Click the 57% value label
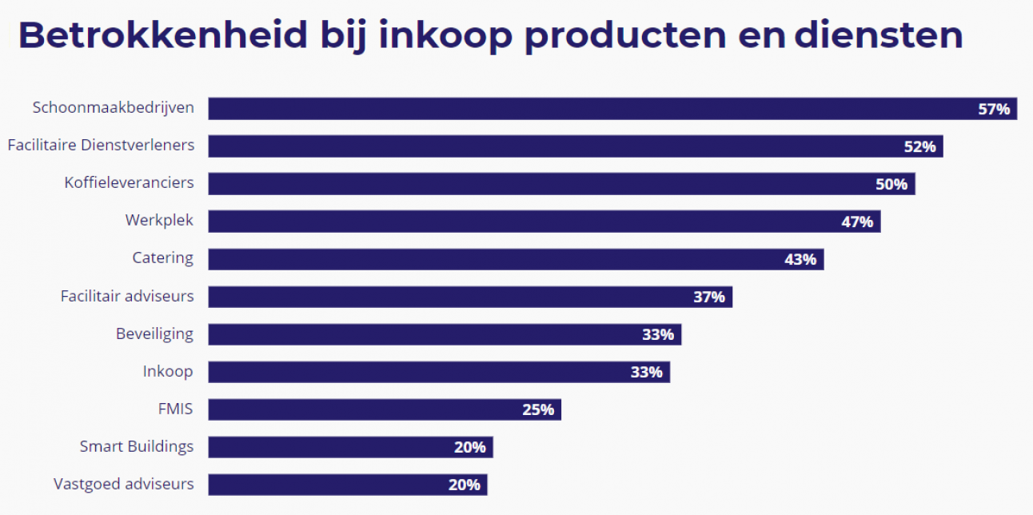point(994,110)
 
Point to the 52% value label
point(919,147)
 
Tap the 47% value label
point(857,222)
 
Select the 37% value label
point(709,297)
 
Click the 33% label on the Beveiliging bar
point(658,335)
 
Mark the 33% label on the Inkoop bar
point(647,373)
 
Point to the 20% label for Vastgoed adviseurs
point(465,485)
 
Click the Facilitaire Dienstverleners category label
point(101,146)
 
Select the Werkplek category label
point(159,221)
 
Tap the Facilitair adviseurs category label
point(127,296)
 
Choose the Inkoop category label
point(168,371)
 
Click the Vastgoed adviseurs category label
point(124,484)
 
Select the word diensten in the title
point(879,36)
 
